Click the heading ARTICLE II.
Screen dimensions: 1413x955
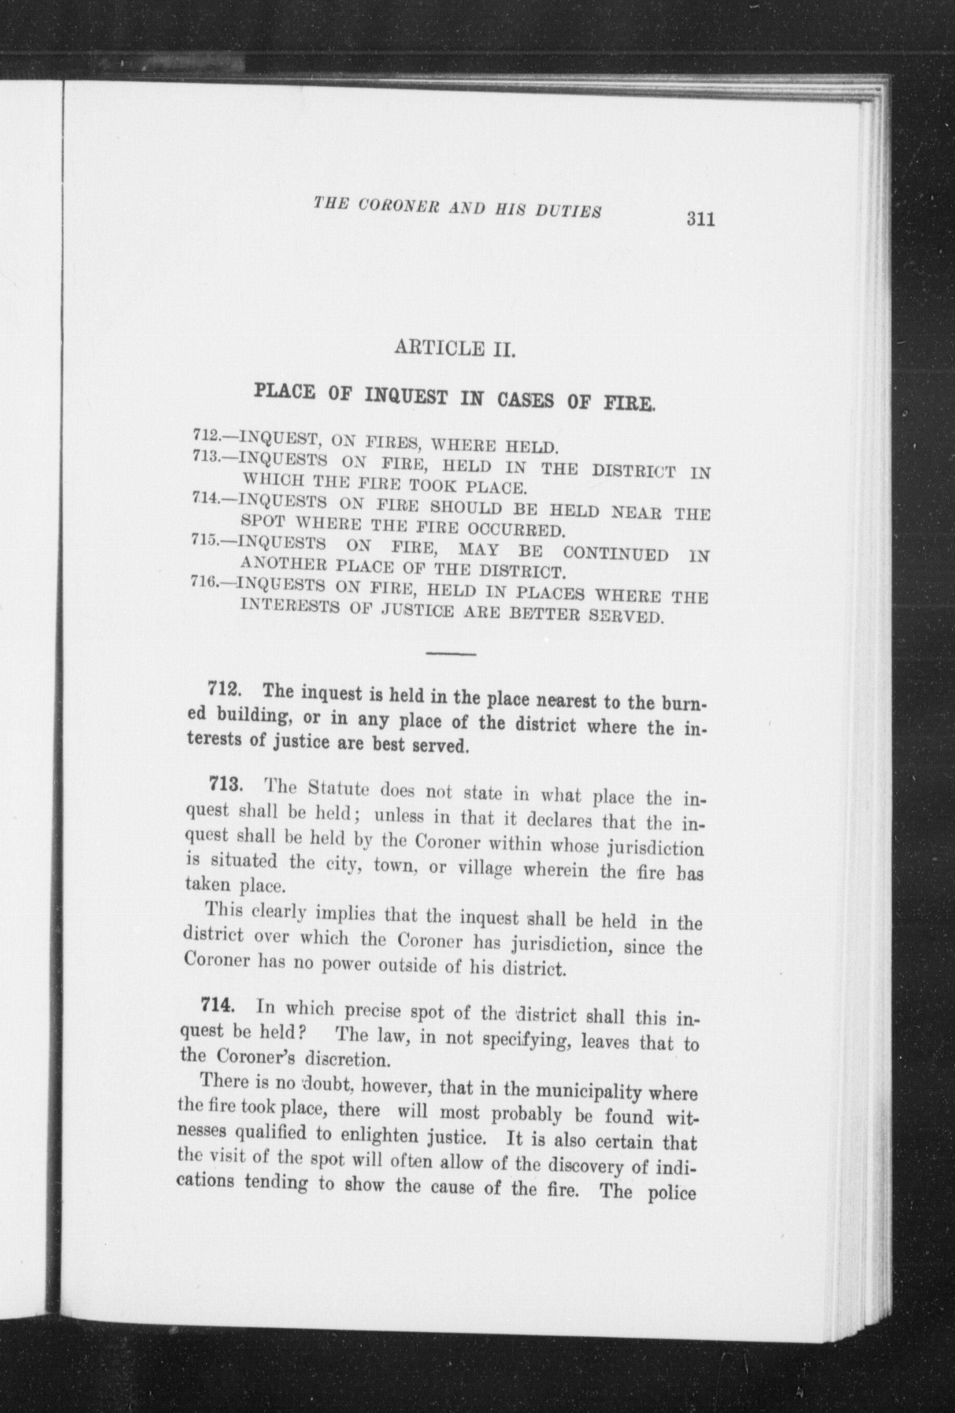455,349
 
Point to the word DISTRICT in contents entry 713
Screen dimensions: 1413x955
633,470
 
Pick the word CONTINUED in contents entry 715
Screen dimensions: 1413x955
615,555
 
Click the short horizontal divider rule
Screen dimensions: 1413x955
451,654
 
